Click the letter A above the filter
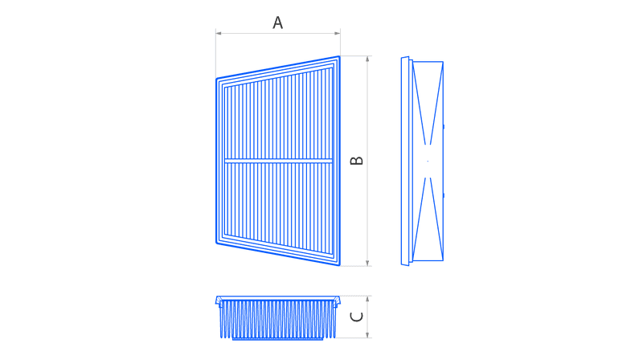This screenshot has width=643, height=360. tap(277, 22)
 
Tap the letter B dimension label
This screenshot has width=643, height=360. tap(356, 161)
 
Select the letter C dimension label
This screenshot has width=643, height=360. tap(356, 317)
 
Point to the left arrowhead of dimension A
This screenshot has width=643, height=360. tap(219, 33)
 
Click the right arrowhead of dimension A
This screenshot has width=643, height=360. tap(338, 33)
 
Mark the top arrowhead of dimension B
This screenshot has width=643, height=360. tap(367, 59)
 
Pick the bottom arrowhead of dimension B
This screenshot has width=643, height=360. tap(367, 264)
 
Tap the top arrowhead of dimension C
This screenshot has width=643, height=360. tap(367, 299)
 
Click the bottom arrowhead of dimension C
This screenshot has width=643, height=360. tap(367, 335)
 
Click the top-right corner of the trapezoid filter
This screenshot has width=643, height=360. tap(340, 56)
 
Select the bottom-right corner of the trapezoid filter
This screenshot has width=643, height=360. tap(340, 265)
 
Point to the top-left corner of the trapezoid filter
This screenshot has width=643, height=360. tap(216, 78)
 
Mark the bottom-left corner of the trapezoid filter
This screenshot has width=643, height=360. tap(216, 243)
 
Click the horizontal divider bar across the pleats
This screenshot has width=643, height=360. tap(278, 161)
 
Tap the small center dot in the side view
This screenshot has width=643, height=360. tap(428, 162)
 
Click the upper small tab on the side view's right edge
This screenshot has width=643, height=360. tap(444, 127)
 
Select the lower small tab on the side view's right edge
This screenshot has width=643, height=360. tap(444, 195)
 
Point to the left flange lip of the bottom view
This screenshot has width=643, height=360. tap(219, 301)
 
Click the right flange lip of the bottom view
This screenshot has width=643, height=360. tap(337, 301)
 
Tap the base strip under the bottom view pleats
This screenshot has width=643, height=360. tap(278, 338)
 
